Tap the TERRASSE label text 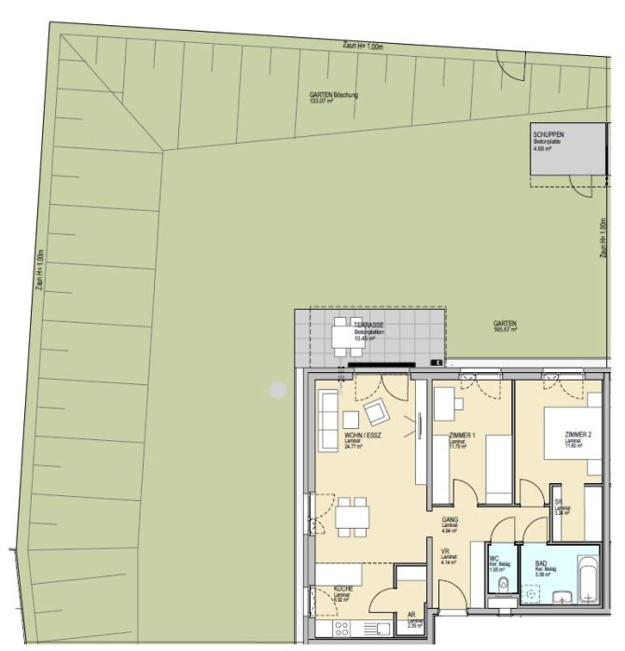367,325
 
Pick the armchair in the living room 378,411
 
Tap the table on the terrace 341,334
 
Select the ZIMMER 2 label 578,436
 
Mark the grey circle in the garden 278,390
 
